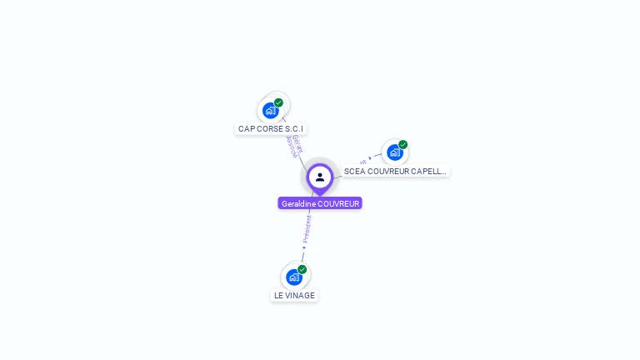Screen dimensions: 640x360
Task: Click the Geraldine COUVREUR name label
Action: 320,203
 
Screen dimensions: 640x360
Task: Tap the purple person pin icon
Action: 320,177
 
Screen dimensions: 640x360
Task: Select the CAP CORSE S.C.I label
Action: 271,129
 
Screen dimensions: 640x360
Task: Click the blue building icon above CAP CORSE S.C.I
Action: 270,110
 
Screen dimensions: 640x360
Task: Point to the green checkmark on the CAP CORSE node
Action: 278,102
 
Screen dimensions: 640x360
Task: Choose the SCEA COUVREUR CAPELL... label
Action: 395,171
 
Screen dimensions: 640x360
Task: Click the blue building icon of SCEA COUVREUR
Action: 394,152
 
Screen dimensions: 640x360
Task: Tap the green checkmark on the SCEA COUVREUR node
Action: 402,145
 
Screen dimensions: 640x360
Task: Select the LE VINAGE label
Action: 294,295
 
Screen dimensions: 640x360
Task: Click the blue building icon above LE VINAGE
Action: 293,277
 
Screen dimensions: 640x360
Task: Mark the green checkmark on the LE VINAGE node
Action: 302,269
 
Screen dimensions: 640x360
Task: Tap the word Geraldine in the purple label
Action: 298,203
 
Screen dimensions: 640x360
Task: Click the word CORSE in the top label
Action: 271,129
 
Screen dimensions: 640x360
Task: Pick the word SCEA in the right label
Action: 353,171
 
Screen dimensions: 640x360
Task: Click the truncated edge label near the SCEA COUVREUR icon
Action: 365,160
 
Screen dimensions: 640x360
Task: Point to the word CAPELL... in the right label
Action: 427,171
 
